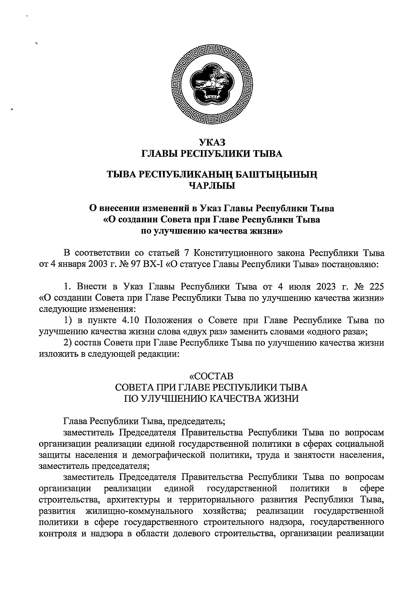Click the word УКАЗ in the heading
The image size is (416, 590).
pyautogui.click(x=212, y=142)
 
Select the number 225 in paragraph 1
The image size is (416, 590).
pyautogui.click(x=375, y=287)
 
